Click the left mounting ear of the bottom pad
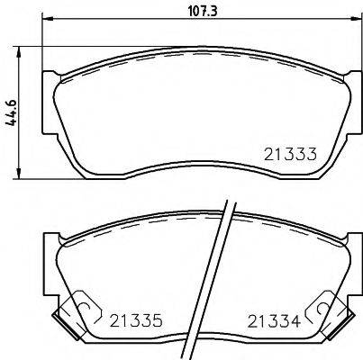[x=52, y=247]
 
